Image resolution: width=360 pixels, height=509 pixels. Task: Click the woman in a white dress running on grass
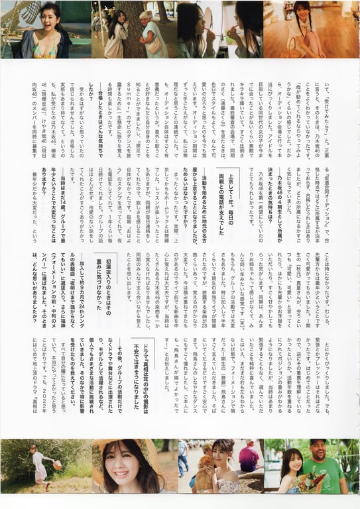(37, 464)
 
